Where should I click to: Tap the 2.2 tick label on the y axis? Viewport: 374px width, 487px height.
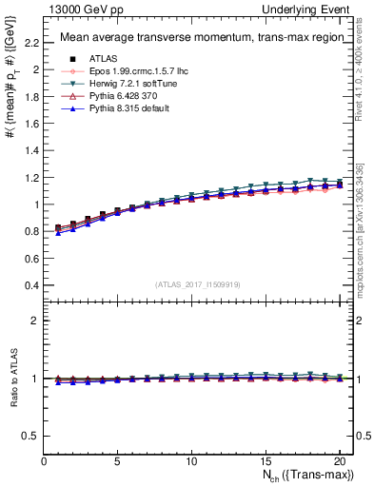(x=30, y=43)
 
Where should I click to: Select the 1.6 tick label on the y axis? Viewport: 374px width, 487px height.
(x=30, y=124)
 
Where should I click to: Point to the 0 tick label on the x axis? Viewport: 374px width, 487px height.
(x=44, y=461)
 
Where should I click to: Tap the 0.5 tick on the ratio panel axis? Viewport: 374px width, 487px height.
(x=30, y=436)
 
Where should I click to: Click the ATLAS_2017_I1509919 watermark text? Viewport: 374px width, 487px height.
(x=197, y=283)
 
